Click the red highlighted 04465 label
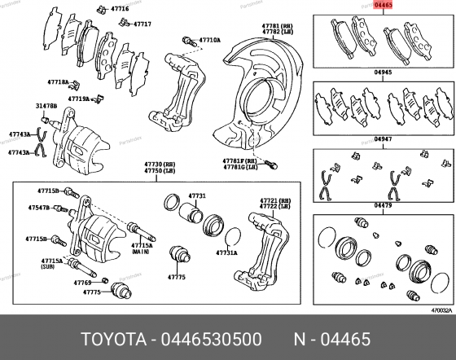click(384, 5)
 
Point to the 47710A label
click(209, 39)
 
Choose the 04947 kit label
click(383, 139)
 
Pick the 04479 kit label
click(383, 206)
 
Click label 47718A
click(58, 82)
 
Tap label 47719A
click(79, 99)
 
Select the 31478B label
click(46, 106)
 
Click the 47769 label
click(82, 283)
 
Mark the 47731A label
click(226, 252)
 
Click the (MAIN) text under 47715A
click(142, 253)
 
